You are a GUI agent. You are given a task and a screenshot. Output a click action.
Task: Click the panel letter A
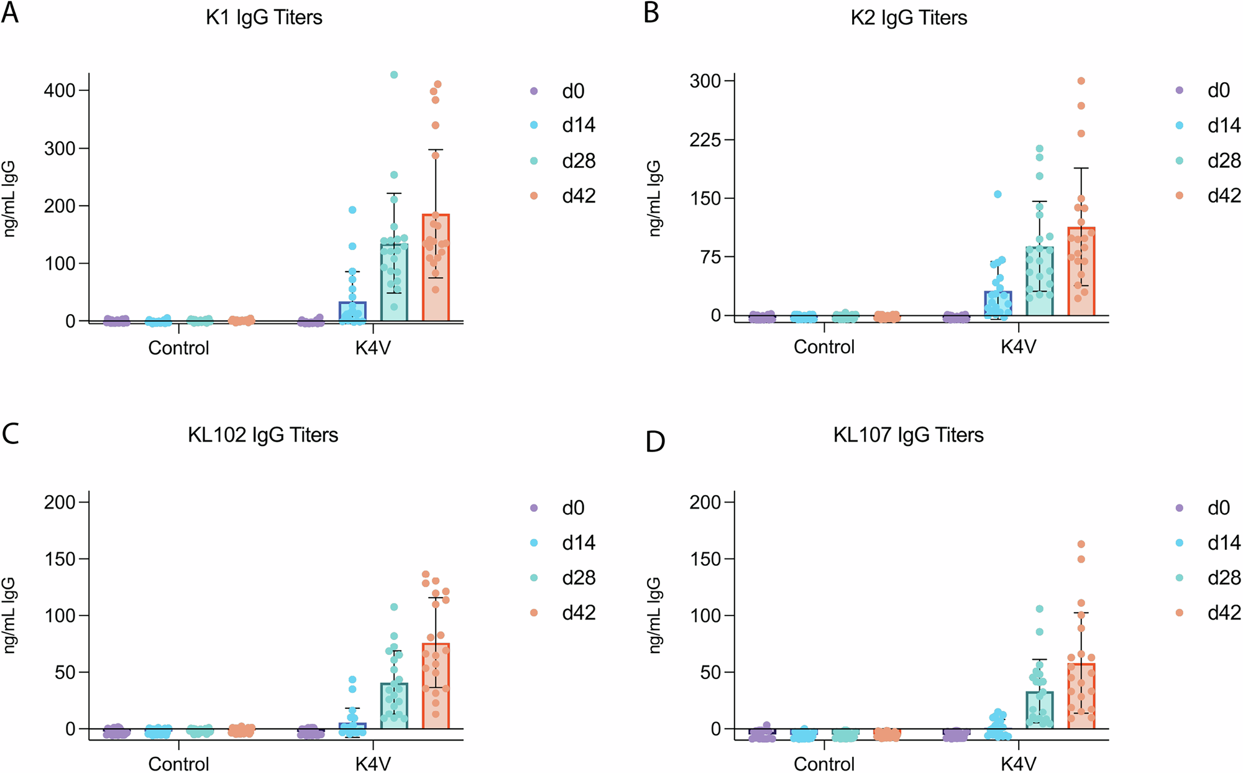(10, 12)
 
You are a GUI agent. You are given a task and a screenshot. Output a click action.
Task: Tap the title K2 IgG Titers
(909, 17)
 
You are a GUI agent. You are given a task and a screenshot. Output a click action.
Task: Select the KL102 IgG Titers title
(263, 434)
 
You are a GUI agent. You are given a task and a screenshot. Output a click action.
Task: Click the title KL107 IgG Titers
(908, 434)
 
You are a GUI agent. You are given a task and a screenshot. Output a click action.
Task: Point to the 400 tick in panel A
(60, 91)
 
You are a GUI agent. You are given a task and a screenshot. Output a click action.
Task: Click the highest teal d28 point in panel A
(393, 75)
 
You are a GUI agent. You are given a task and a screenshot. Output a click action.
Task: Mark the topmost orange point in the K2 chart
(1081, 81)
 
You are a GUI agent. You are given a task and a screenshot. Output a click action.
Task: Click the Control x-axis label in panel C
(178, 763)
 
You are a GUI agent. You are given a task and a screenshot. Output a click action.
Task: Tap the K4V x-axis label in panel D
(1018, 763)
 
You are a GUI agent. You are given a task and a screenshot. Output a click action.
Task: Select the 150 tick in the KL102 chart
(60, 559)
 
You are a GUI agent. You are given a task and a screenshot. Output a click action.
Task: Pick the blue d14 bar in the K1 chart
(352, 312)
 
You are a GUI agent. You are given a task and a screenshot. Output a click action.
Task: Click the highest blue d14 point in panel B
(998, 194)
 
